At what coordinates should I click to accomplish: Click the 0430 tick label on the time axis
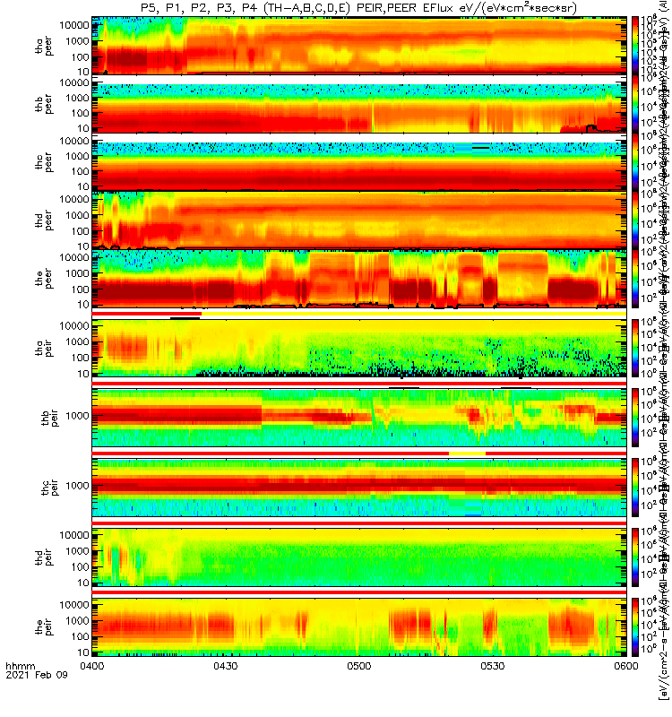[225, 690]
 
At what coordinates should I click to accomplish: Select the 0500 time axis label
[358, 690]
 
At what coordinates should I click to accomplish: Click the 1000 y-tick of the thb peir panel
[73, 416]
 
